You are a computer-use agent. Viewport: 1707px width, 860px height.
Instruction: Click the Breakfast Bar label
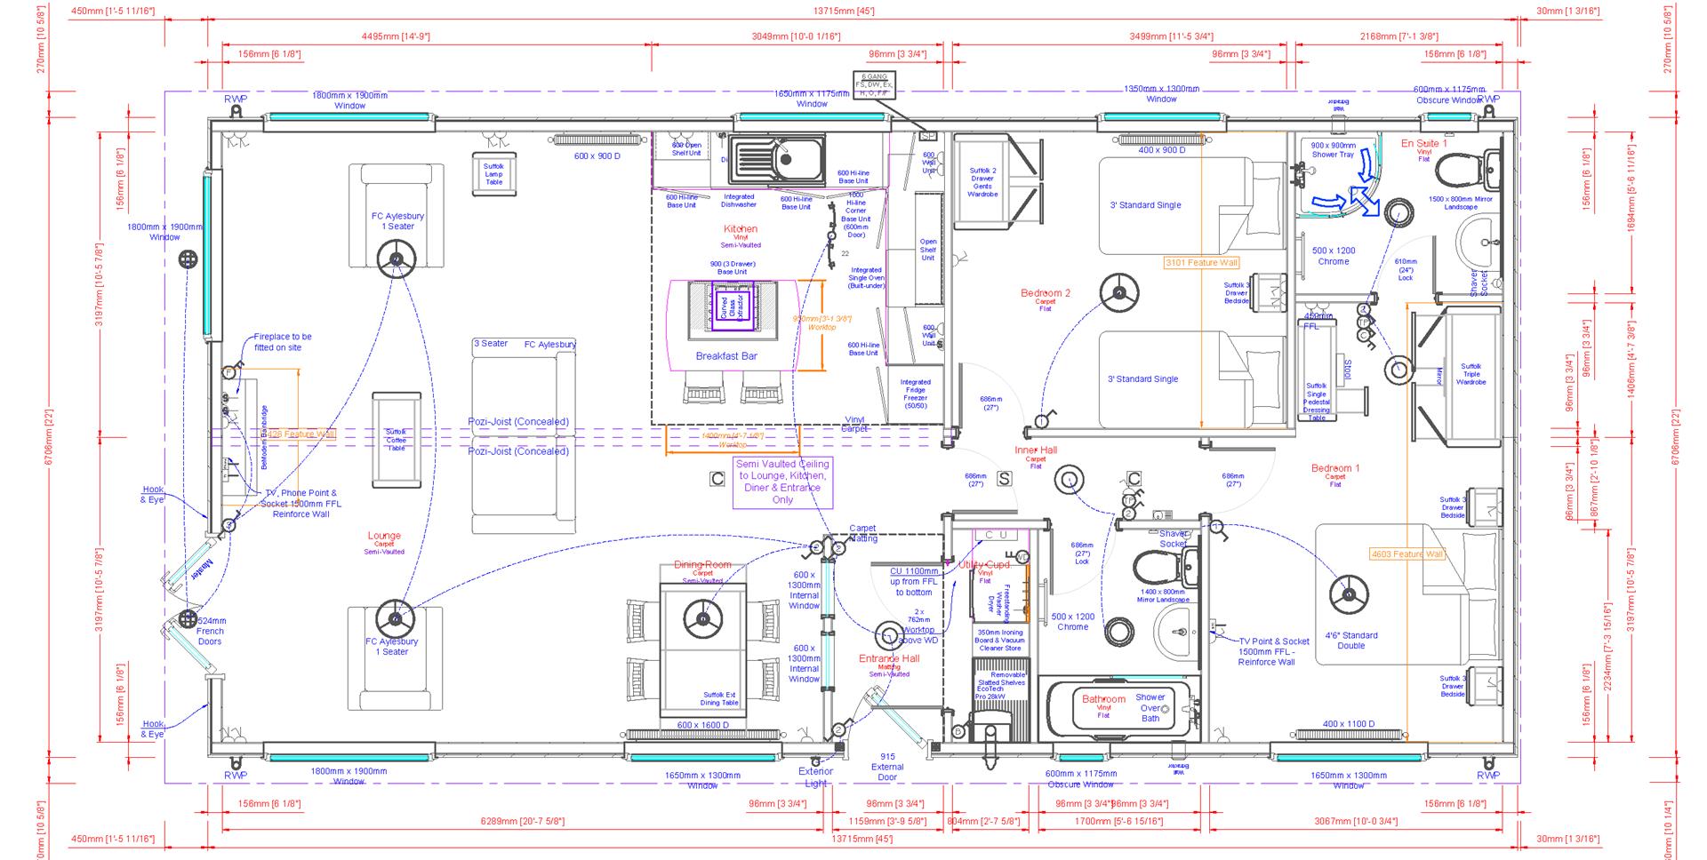(726, 356)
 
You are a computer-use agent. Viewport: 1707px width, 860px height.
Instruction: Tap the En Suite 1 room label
(1423, 144)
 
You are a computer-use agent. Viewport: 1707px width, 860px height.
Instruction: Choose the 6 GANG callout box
(874, 84)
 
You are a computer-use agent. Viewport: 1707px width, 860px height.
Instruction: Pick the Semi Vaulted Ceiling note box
(782, 482)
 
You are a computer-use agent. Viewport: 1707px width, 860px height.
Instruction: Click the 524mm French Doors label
(211, 631)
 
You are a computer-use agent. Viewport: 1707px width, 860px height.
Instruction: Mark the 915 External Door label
(887, 767)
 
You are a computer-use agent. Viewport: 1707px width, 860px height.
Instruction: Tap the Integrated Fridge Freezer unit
(915, 394)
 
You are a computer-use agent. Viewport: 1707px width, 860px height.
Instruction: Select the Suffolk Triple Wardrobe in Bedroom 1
(1471, 374)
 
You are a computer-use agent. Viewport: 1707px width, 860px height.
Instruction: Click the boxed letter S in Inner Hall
(1004, 479)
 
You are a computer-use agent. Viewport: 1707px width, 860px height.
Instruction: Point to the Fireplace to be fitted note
(283, 342)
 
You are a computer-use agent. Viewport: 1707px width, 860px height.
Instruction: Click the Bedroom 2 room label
(1045, 294)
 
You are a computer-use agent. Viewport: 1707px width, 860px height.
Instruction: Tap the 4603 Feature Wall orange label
(1406, 554)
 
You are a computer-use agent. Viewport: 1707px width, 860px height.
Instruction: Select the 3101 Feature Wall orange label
(1201, 263)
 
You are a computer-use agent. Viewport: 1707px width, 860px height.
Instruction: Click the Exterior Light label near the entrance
(815, 777)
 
